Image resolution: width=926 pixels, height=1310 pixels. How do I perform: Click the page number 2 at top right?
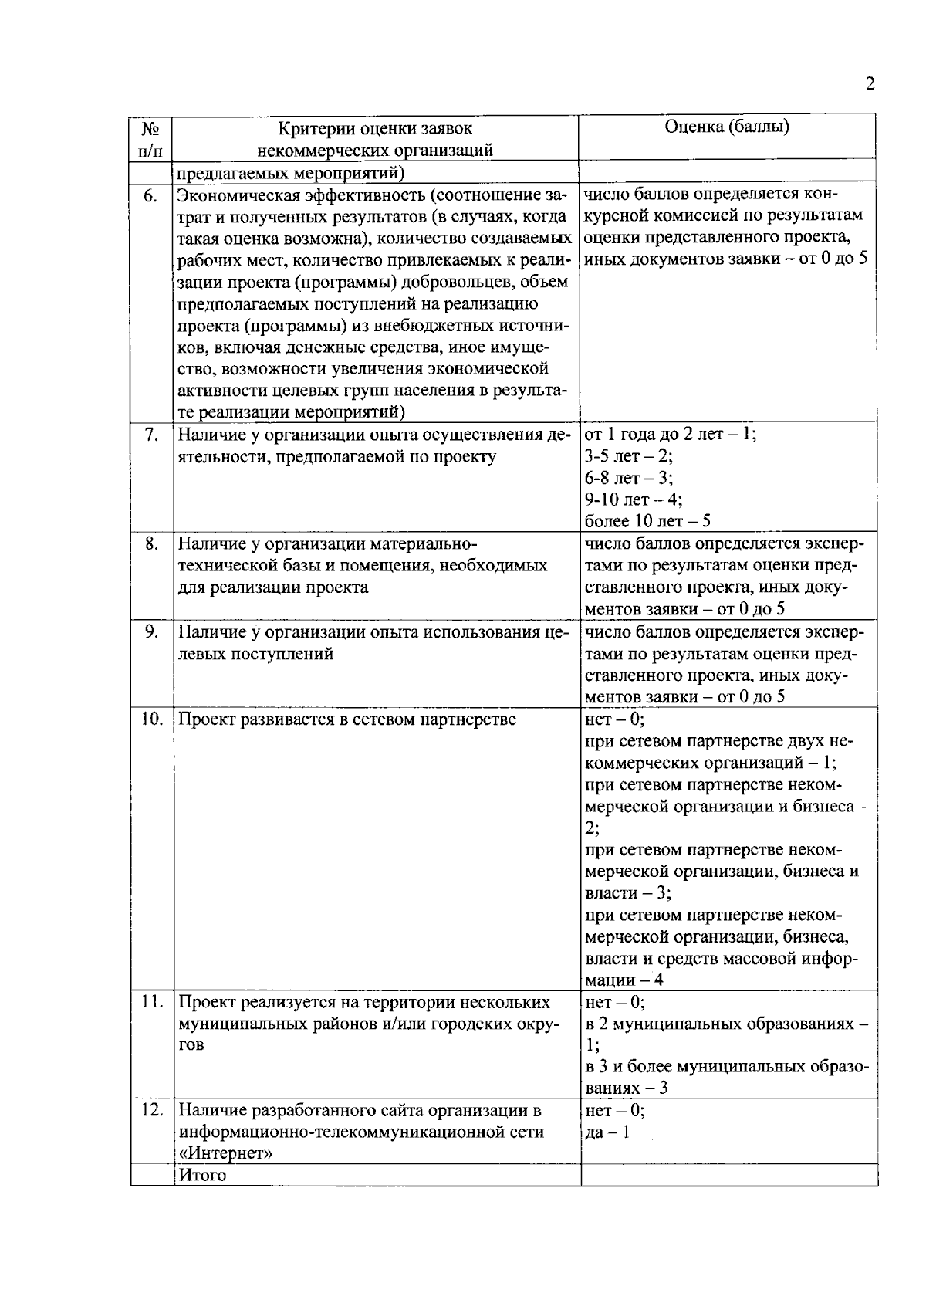[870, 84]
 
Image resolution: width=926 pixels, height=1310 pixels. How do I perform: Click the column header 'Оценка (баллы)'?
[727, 127]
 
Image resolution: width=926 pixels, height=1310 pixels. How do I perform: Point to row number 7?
[152, 435]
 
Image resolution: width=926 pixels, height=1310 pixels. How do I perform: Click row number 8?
[152, 543]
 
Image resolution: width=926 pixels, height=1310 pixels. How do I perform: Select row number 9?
[152, 631]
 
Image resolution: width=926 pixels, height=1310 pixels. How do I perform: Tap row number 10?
[151, 719]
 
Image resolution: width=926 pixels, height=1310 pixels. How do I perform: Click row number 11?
[151, 1002]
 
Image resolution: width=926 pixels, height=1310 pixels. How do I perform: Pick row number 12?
[151, 1110]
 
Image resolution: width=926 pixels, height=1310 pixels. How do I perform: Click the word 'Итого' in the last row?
[202, 1175]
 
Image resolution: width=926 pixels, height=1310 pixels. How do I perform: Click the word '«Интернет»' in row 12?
[225, 1153]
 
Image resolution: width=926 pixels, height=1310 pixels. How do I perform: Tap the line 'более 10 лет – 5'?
[648, 521]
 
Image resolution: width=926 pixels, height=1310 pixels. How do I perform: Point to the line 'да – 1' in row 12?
[607, 1132]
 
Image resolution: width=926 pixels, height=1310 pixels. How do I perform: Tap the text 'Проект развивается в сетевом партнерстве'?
[347, 719]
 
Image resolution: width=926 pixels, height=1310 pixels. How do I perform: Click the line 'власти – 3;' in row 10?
[628, 893]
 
